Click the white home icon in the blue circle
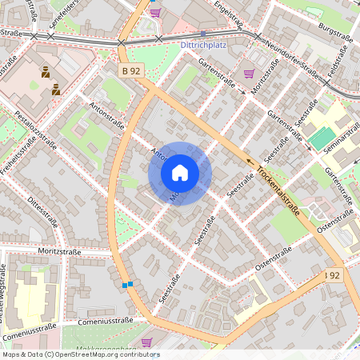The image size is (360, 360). coord(180,173)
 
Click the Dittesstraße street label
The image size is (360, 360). coord(44,211)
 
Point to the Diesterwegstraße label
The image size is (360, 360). coord(9,300)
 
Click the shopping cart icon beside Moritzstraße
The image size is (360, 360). coord(249,74)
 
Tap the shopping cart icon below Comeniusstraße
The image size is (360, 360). coord(146,342)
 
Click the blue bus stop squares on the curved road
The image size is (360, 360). coord(126,284)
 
